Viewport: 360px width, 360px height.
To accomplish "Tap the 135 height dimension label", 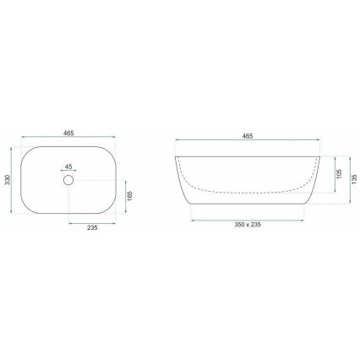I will point(355,179).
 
